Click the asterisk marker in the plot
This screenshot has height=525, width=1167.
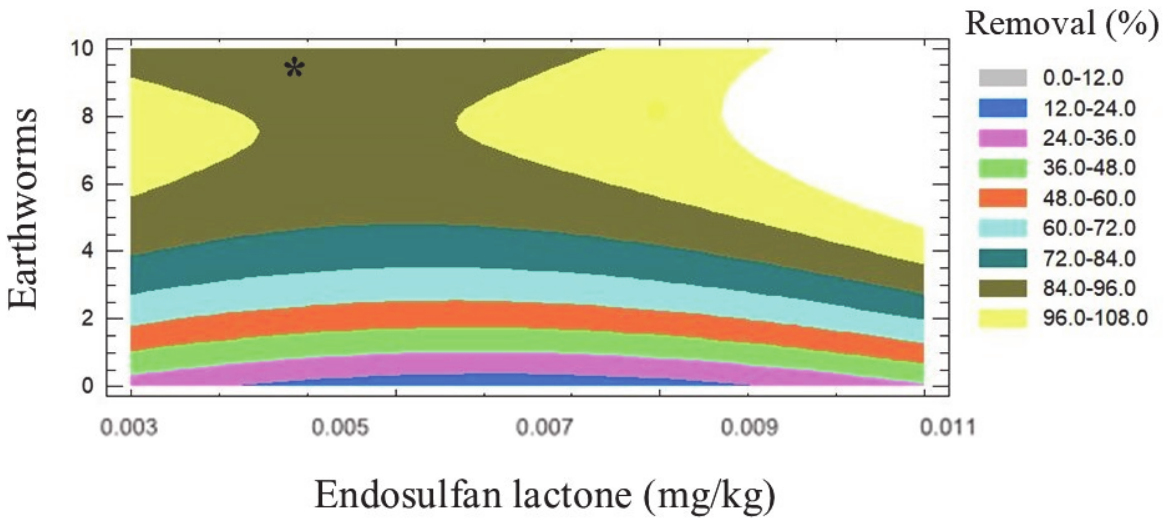(294, 69)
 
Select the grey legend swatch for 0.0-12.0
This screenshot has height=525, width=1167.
(1002, 78)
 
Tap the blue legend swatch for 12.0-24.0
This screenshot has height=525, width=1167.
(1002, 108)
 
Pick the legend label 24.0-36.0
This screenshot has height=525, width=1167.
(1089, 138)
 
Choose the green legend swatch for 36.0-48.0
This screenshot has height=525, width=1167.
(1002, 168)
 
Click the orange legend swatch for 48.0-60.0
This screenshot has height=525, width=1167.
(1002, 198)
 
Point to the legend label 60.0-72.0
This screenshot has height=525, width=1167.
(1089, 228)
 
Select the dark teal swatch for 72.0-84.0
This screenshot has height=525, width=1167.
(1002, 258)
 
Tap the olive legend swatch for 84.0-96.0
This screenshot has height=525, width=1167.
(1002, 288)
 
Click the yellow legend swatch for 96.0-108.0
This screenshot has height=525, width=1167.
(1002, 318)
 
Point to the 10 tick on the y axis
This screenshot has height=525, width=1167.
(82, 49)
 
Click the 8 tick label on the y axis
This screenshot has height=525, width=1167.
(87, 116)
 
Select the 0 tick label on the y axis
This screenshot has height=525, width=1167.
(87, 386)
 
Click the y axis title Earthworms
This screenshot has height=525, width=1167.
(23, 208)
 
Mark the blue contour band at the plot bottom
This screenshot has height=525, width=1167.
(499, 380)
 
